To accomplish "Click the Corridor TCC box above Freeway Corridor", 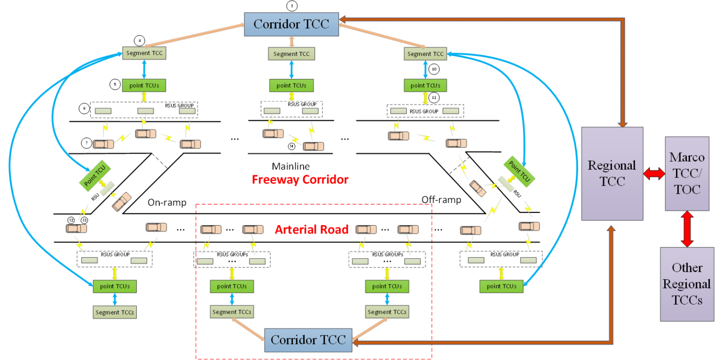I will click(291, 23).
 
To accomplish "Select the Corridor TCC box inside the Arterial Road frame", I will click(308, 340).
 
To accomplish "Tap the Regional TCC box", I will click(612, 173).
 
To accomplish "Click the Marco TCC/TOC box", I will click(687, 173).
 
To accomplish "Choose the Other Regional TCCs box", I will click(687, 284).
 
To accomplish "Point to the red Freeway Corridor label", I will click(300, 180).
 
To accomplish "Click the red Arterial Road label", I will click(312, 229).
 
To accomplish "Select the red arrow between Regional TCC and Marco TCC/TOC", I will click(654, 174).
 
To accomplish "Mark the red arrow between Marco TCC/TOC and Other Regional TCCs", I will click(687, 229).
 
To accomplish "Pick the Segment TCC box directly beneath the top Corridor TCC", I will click(291, 54).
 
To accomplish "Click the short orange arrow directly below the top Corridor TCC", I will click(291, 41).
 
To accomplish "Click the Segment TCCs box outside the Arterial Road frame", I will click(115, 312).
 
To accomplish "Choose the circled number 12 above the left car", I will click(71, 220).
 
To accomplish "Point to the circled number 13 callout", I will click(84, 220).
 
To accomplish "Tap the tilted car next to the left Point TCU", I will click(122, 201).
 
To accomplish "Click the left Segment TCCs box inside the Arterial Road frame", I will click(232, 312).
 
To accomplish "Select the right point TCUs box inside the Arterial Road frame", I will click(387, 286).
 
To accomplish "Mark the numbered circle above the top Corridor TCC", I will click(291, 6).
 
